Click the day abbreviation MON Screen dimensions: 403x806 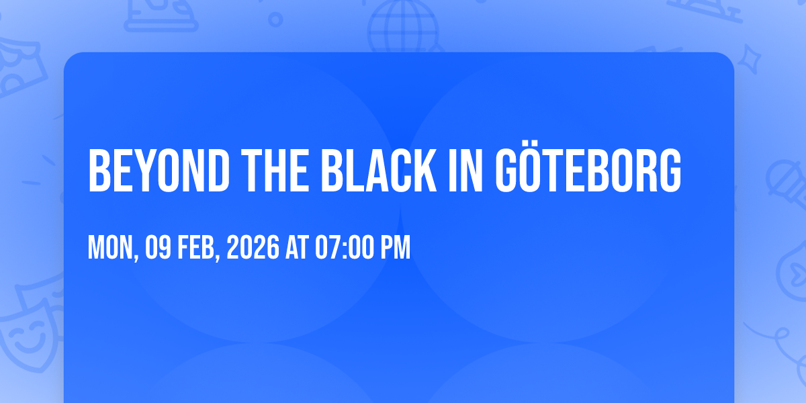click(112, 248)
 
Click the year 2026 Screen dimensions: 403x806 click(253, 248)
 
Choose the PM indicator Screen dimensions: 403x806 click(396, 248)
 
